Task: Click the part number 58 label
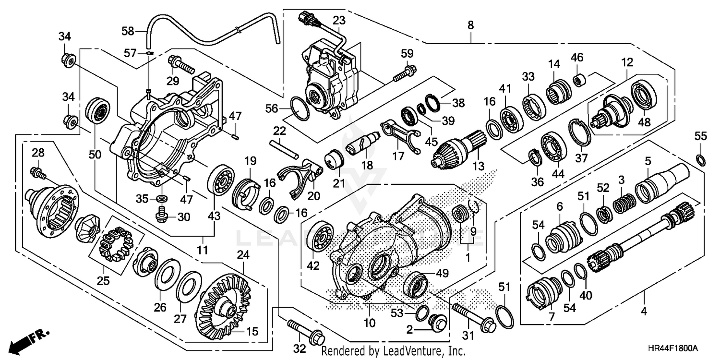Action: click(x=128, y=31)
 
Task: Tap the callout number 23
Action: click(x=339, y=21)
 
